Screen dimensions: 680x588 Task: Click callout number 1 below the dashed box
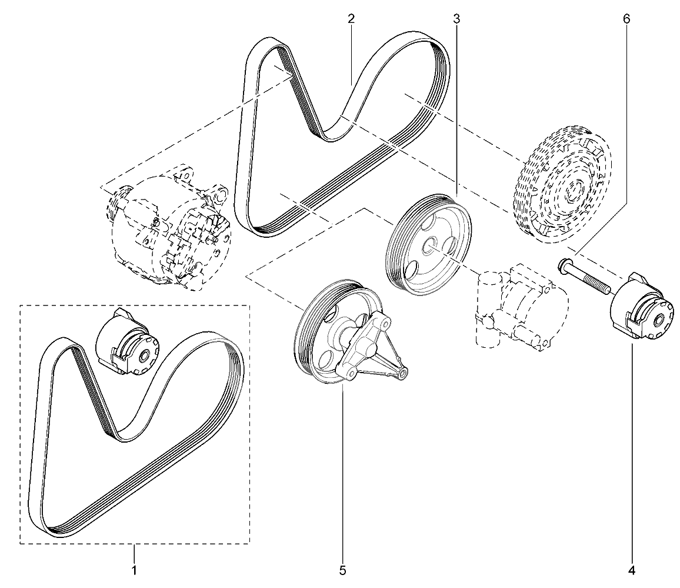click(x=135, y=570)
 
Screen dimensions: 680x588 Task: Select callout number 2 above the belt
click(x=351, y=19)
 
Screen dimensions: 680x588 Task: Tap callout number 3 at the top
click(x=456, y=19)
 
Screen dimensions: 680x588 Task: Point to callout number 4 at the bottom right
click(x=631, y=570)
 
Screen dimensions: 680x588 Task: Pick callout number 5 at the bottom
click(x=342, y=570)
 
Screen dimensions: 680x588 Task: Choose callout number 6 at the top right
click(x=626, y=19)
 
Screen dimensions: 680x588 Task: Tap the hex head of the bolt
click(x=564, y=265)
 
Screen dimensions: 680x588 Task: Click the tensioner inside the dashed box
click(x=127, y=341)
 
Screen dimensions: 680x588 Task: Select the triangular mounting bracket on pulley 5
click(x=369, y=347)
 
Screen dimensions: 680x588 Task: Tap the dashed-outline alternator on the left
click(x=169, y=228)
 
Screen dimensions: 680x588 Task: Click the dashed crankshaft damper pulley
click(x=563, y=184)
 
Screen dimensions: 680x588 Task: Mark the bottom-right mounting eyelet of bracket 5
click(x=402, y=373)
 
